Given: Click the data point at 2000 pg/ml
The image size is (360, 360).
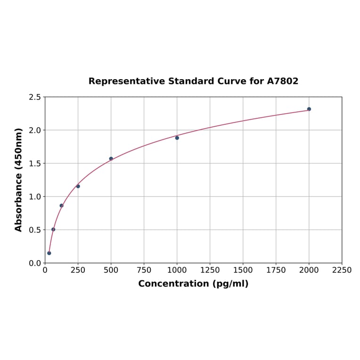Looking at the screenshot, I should pyautogui.click(x=309, y=109).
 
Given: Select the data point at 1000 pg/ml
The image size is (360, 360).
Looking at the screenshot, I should pyautogui.click(x=177, y=138).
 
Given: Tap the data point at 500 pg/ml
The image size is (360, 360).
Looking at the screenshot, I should pyautogui.click(x=111, y=159).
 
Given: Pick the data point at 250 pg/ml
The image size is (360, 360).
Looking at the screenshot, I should pyautogui.click(x=78, y=186).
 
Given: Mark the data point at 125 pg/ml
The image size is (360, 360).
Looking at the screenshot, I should pyautogui.click(x=62, y=205).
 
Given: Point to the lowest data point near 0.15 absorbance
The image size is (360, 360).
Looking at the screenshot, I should pyautogui.click(x=49, y=253).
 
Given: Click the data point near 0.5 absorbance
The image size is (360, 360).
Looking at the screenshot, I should pyautogui.click(x=53, y=229).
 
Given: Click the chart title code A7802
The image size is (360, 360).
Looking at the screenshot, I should pyautogui.click(x=283, y=81).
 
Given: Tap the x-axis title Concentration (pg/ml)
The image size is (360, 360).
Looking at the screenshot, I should pyautogui.click(x=193, y=284).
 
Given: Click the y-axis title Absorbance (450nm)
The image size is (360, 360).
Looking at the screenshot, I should pyautogui.click(x=19, y=180).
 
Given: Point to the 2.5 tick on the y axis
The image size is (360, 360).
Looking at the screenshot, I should pyautogui.click(x=35, y=97).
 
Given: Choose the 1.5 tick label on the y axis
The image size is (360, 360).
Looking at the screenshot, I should pyautogui.click(x=35, y=164).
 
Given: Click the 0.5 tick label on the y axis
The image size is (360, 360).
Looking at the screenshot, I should pyautogui.click(x=35, y=230).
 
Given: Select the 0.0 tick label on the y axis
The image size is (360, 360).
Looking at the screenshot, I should pyautogui.click(x=35, y=263).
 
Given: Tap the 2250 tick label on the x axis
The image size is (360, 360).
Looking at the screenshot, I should pyautogui.click(x=342, y=270).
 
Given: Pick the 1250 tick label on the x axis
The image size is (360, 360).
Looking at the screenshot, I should pyautogui.click(x=210, y=270).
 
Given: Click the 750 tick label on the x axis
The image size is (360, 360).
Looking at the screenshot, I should pyautogui.click(x=144, y=270).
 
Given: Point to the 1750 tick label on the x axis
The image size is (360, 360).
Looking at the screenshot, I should pyautogui.click(x=276, y=270).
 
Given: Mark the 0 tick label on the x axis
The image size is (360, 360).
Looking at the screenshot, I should pyautogui.click(x=45, y=270).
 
